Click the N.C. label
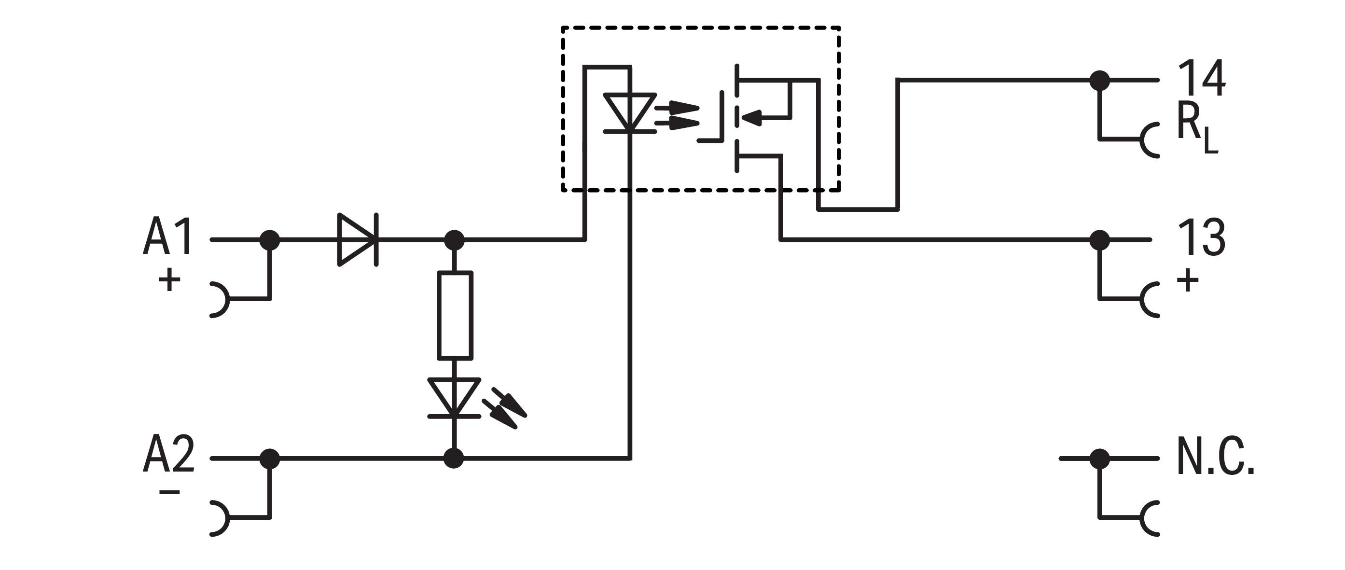pos(1216,457)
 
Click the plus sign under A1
pos(169,280)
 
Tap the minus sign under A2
pos(169,492)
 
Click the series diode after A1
pos(358,239)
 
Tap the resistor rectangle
pos(455,315)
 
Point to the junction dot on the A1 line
pos(270,239)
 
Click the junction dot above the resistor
pos(454,239)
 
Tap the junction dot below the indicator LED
pos(454,459)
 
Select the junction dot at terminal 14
pos(1100,81)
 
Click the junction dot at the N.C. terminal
pos(1100,459)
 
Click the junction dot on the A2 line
pos(270,459)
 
